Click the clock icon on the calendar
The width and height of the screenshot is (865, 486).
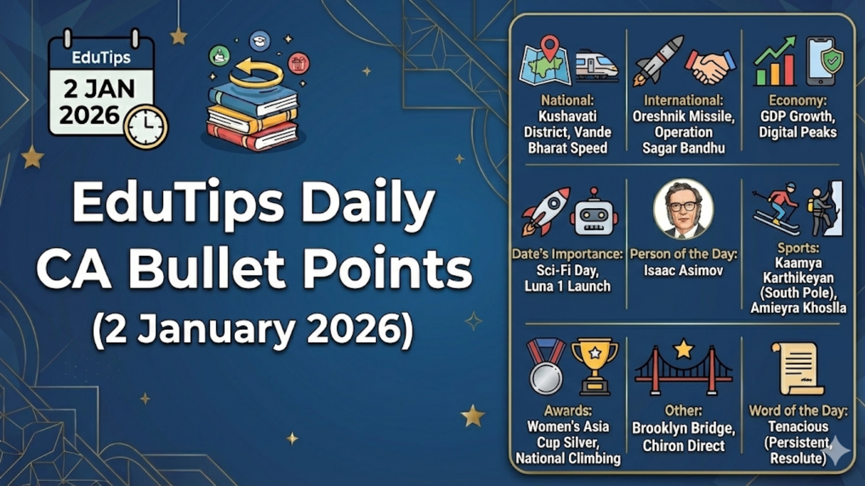[146, 126]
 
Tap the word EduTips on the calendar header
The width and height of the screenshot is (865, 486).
[101, 58]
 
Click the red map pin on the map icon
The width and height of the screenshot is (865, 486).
[549, 46]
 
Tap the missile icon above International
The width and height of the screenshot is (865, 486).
[658, 61]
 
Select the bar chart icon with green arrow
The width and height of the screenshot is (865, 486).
[775, 62]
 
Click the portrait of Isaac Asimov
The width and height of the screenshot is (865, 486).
[683, 209]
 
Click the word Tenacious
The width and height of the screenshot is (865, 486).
[798, 426]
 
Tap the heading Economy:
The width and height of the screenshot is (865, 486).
[797, 100]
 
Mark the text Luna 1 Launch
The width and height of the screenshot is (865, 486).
[567, 286]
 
